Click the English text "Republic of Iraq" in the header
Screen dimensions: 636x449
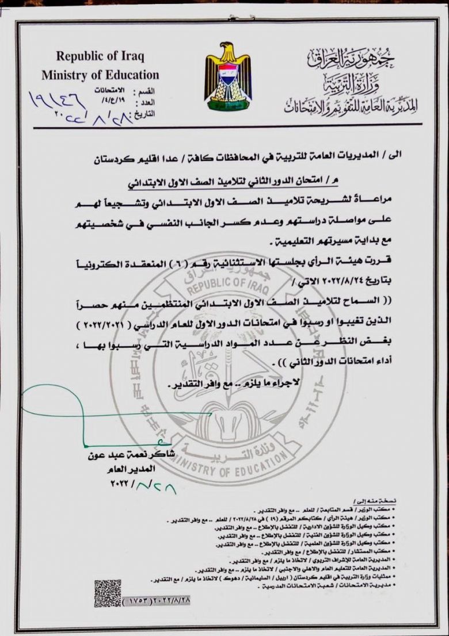tap(100, 57)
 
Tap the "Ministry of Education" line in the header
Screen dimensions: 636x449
tap(100, 75)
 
